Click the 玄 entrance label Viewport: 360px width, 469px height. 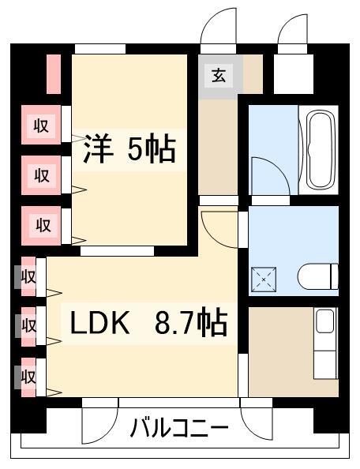218,77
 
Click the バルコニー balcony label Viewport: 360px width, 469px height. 179,430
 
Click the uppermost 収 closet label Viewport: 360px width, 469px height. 41,124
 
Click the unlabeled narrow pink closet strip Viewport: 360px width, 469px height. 54,73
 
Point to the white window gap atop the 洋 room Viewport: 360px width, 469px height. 99,49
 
